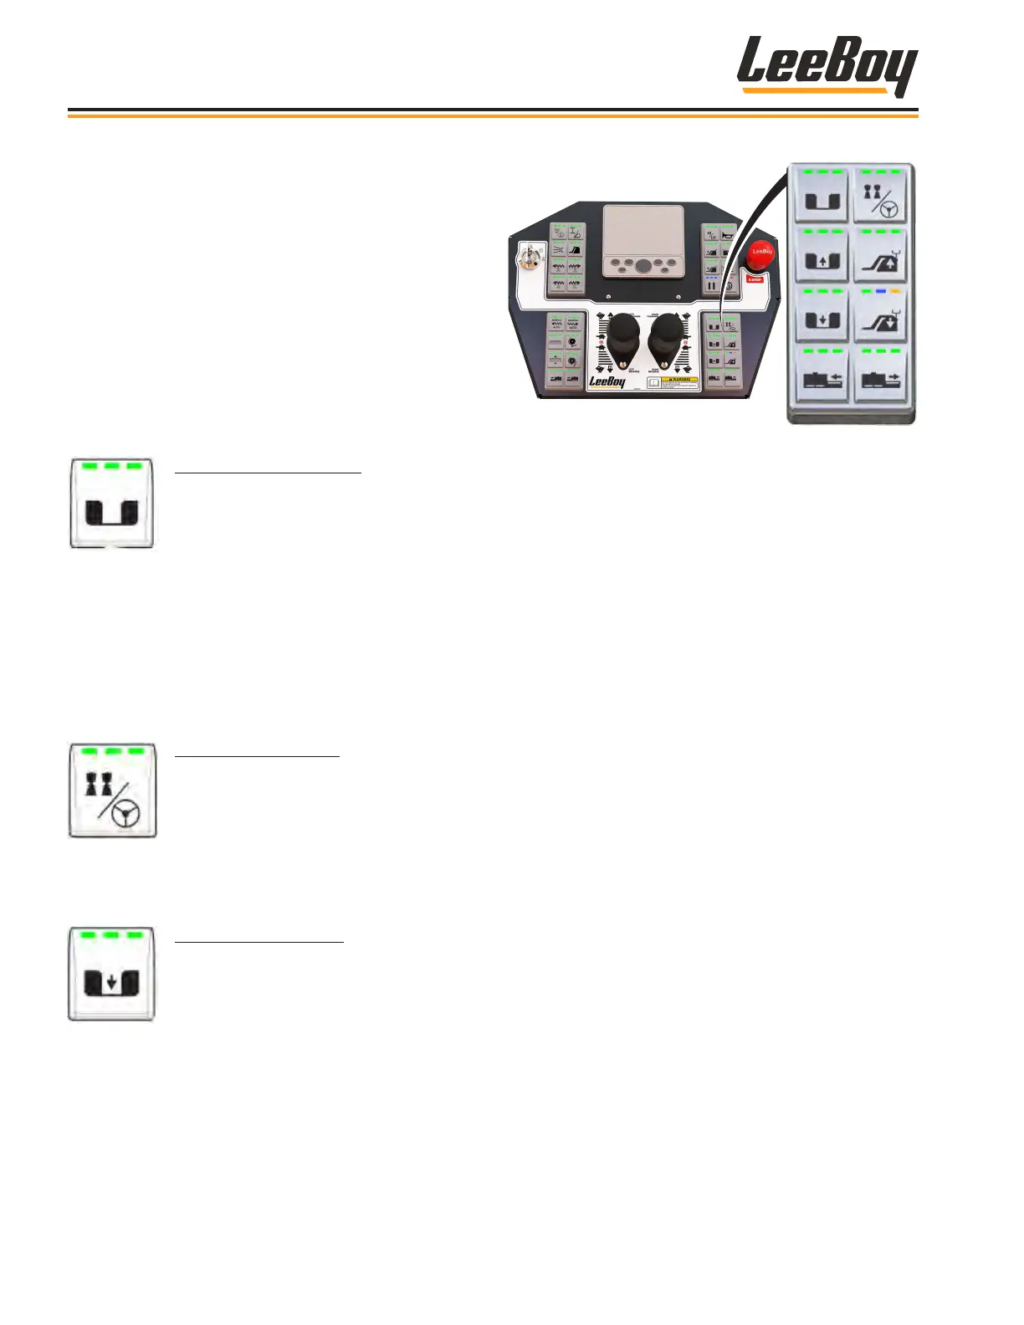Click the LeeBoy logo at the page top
point(827,65)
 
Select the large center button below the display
point(642,266)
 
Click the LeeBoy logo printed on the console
point(607,381)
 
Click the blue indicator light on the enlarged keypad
point(880,292)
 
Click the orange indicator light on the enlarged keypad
point(895,292)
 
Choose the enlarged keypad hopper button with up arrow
point(822,256)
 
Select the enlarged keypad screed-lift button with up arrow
point(880,256)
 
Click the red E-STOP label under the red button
point(755,279)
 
